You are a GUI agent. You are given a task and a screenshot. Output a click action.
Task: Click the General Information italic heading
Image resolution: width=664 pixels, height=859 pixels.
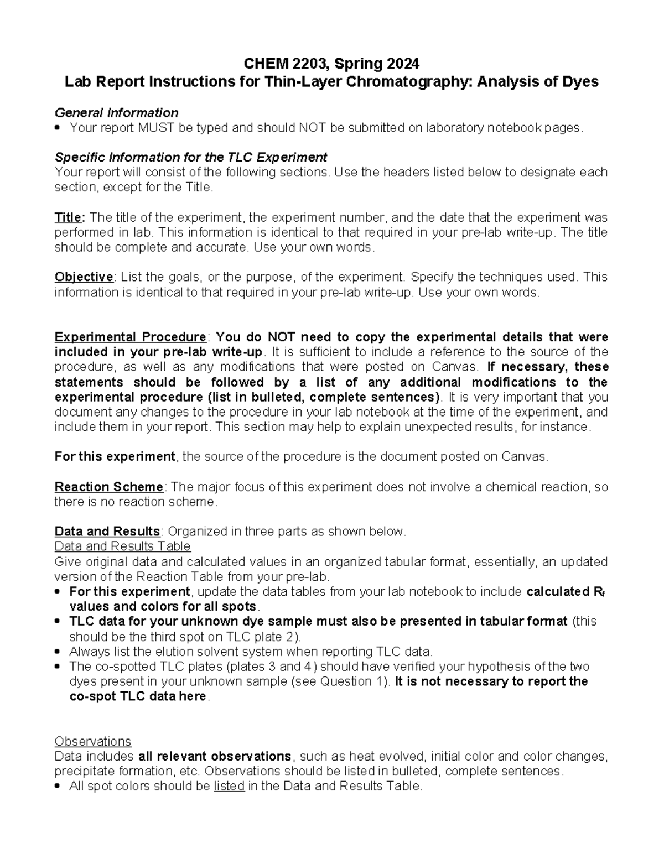coord(116,113)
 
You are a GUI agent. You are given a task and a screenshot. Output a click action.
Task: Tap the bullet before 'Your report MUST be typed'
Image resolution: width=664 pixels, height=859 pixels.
coord(58,128)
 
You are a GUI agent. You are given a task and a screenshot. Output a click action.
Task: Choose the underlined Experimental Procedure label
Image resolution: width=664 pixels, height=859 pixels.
coord(130,337)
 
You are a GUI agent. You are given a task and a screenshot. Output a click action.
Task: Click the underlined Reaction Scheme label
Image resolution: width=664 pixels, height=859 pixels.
coord(108,487)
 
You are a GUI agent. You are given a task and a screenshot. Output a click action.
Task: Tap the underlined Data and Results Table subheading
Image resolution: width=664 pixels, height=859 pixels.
coord(122,546)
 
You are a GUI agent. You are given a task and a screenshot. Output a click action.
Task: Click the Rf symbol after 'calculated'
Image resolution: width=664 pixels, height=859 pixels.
coord(599,592)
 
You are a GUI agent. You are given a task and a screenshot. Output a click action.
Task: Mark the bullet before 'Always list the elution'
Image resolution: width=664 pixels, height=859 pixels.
coord(58,652)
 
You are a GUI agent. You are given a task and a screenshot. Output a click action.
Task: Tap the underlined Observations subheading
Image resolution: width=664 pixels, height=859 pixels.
coord(93,741)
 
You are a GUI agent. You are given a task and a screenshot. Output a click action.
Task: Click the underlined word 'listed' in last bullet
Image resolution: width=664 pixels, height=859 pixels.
coord(229,786)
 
